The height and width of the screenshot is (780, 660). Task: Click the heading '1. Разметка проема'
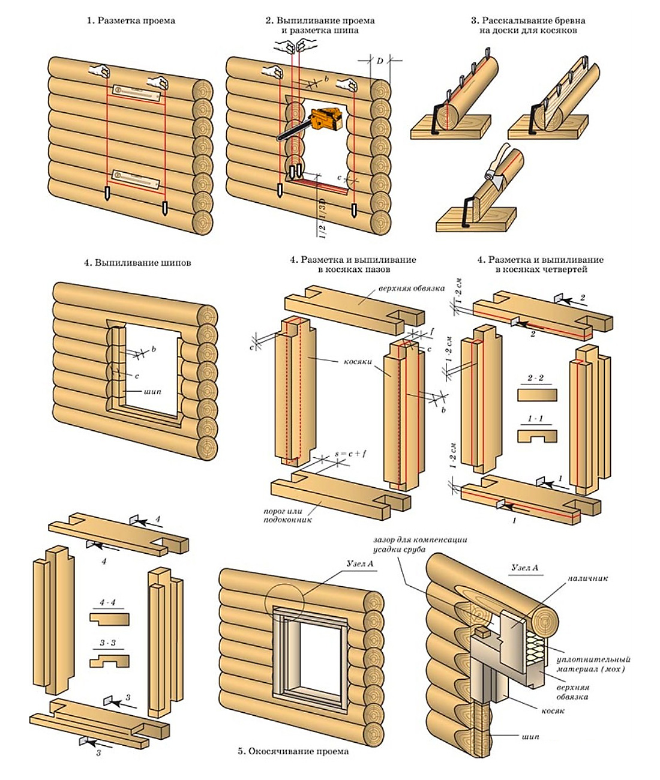click(x=131, y=21)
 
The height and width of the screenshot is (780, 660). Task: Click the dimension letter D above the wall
click(x=380, y=60)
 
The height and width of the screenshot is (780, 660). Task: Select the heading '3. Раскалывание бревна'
click(x=528, y=21)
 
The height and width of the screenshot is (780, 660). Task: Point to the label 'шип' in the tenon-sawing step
click(x=152, y=391)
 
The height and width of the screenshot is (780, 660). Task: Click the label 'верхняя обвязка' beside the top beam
click(x=411, y=287)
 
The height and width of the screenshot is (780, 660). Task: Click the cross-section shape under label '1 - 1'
click(x=537, y=436)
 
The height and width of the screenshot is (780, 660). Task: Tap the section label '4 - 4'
click(x=109, y=599)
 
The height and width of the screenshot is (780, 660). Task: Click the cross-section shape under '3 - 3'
click(x=110, y=661)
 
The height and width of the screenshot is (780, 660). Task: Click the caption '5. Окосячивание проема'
click(x=293, y=751)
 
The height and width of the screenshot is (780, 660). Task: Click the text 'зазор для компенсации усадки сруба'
click(x=419, y=545)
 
